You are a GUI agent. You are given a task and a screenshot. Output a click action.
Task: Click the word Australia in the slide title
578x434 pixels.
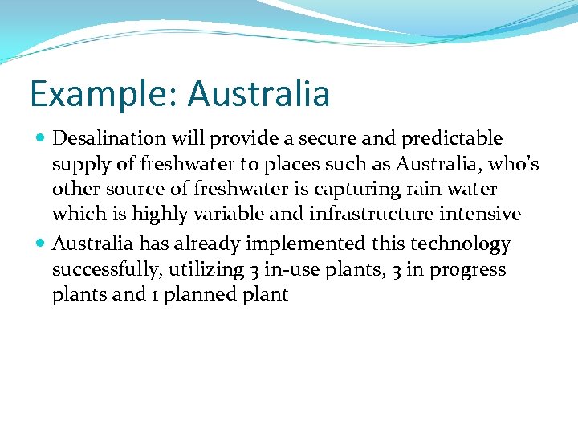258,93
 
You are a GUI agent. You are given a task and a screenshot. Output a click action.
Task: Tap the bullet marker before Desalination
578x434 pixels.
41,139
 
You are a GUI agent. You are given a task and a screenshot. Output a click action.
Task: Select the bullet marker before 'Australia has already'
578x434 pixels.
41,244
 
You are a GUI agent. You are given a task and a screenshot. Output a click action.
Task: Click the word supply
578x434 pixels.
79,165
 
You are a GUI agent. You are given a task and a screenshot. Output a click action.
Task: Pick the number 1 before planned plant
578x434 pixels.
153,294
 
